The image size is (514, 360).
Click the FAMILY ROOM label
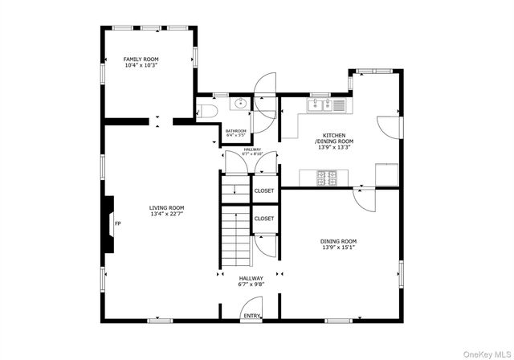pos(141,59)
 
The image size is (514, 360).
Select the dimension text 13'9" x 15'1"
pos(337,247)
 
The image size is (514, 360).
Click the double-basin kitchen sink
pos(321,104)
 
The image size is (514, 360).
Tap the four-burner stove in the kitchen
pos(326,178)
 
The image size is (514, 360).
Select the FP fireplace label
pos(117,223)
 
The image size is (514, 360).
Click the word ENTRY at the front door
pos(252,316)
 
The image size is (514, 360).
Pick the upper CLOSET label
pos(263,190)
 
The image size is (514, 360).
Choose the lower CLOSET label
pos(263,219)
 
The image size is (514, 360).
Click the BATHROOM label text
pos(235,131)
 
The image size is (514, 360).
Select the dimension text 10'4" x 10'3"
pos(141,66)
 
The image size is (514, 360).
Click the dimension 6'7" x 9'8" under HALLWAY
pos(251,284)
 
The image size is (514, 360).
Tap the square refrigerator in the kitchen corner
pos(387,174)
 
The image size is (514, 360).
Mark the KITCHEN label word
pos(334,135)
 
